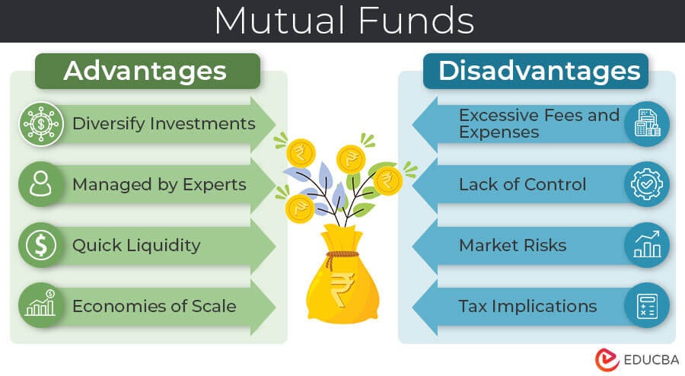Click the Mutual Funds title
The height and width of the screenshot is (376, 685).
[344, 21]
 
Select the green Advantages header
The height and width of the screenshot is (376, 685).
[148, 72]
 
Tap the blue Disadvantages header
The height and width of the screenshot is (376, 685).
[536, 72]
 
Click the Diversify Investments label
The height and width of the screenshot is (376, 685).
[164, 123]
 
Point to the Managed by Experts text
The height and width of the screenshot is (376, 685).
[160, 185]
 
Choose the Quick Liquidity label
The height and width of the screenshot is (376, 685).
[136, 245]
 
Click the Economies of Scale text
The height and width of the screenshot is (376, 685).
[155, 306]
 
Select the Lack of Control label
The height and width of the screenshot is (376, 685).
[522, 184]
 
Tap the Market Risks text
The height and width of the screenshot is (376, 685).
[513, 245]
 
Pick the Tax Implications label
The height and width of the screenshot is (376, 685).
[527, 307]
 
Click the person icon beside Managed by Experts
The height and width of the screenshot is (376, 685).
[40, 184]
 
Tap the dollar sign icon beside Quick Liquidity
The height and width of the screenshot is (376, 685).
[40, 245]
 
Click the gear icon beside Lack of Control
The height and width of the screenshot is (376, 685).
[647, 184]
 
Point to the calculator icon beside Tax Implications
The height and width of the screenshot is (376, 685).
[647, 306]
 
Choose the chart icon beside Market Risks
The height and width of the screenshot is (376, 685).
[647, 245]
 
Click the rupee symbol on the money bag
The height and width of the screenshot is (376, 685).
[342, 288]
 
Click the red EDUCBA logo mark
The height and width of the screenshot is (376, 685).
[607, 360]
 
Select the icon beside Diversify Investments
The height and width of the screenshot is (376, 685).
[41, 124]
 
